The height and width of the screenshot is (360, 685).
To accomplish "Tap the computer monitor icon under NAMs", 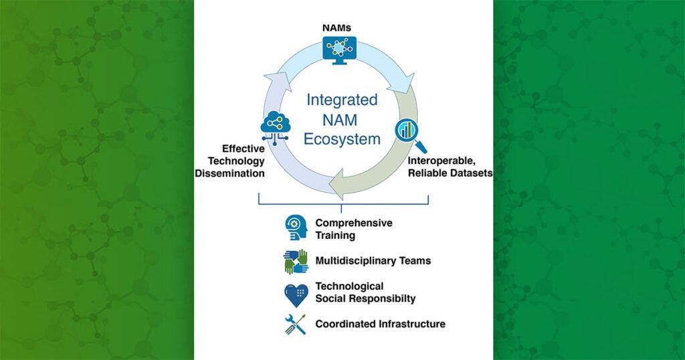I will coord(341,48).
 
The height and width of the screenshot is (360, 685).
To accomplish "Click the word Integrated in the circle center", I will coord(341,100).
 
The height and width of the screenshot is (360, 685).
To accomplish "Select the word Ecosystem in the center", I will coord(341,140).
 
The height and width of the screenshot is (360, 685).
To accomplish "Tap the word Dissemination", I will coord(229,173).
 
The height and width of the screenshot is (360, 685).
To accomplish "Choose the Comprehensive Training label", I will coord(353,229).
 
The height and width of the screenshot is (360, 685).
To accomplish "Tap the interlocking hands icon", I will coord(294,262).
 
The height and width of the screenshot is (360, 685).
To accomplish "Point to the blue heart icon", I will coord(294,293).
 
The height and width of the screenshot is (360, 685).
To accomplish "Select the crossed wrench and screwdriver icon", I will coord(294,325).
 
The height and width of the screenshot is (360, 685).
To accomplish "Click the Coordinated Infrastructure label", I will coord(380,324).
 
